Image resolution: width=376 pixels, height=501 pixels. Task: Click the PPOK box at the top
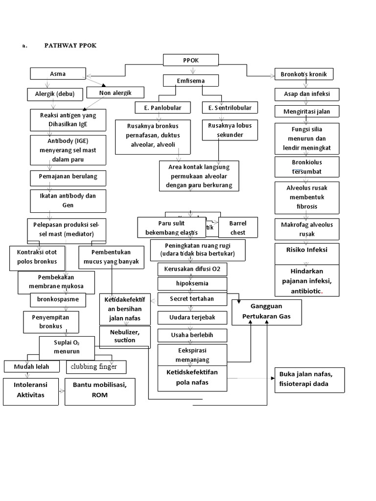(190, 60)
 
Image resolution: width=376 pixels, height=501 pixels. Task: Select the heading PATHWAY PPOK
(70, 45)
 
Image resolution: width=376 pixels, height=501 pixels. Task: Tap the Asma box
(58, 74)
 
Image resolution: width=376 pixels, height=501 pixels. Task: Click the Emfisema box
(190, 80)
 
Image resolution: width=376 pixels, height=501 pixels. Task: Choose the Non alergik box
(115, 92)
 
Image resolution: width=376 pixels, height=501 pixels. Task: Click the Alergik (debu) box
(51, 93)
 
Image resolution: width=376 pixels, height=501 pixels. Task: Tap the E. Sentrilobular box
(229, 107)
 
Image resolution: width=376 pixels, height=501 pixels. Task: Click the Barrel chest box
(238, 228)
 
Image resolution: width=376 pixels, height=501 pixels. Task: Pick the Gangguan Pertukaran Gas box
(266, 312)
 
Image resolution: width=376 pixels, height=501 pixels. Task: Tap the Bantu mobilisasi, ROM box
(100, 391)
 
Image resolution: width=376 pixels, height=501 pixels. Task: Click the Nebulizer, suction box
(124, 337)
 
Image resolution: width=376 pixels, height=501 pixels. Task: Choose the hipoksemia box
(192, 284)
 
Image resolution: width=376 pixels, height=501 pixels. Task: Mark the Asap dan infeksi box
(307, 93)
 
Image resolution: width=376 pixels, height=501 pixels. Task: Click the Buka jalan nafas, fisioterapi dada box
(309, 379)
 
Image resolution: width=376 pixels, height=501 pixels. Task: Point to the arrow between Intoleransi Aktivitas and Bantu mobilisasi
(62, 391)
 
